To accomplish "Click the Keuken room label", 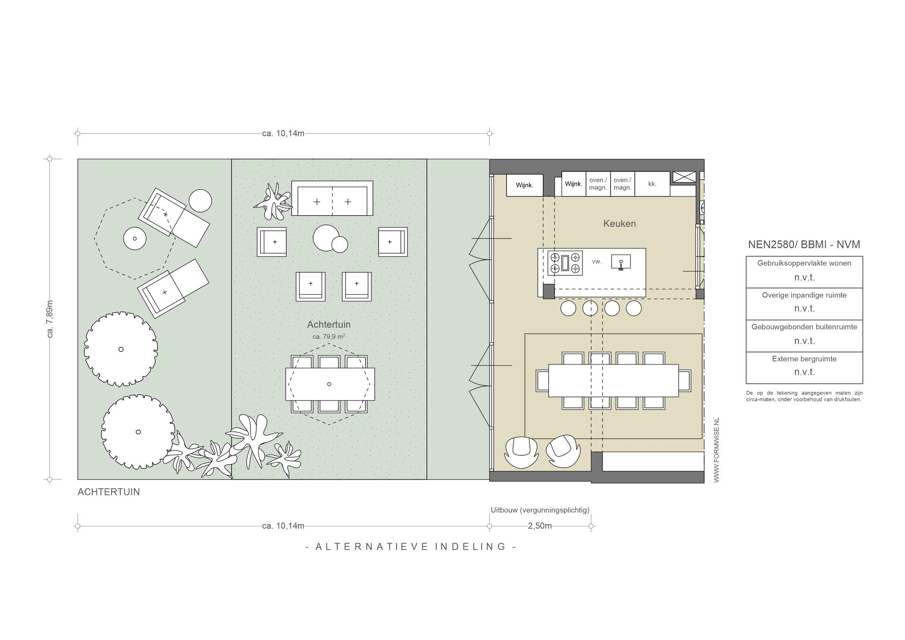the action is [x=619, y=224].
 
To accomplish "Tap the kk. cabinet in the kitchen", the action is [x=652, y=184].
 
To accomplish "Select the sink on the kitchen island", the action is [x=621, y=262].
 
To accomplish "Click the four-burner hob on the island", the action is [x=565, y=263].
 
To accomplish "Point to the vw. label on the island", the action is [x=597, y=262].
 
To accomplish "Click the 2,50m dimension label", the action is [x=540, y=526].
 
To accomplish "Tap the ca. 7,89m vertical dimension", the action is [x=50, y=319].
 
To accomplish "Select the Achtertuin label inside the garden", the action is [x=329, y=324].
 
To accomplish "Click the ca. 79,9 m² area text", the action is [x=329, y=336].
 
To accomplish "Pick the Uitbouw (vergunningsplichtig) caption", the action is [x=540, y=510].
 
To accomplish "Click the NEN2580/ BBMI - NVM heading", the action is [x=804, y=244].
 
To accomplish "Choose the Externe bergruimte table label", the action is [x=804, y=359].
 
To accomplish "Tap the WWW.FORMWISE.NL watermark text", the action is [x=716, y=450].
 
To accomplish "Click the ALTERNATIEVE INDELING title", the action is [x=411, y=547].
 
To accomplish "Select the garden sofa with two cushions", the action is [x=332, y=198].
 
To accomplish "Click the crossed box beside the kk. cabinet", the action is [x=684, y=177].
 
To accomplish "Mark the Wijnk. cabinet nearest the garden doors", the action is [x=525, y=185].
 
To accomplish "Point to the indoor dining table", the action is [x=613, y=381].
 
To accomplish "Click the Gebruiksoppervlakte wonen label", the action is [x=804, y=263].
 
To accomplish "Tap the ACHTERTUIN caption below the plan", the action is [x=109, y=492].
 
